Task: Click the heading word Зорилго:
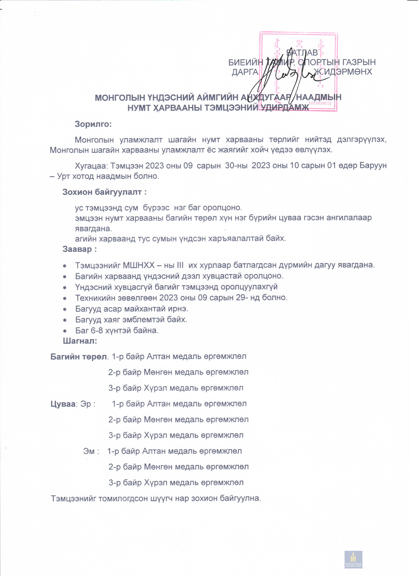tap(93, 124)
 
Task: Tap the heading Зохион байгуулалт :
tap(104, 192)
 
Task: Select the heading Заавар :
tap(80, 249)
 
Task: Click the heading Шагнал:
tap(80, 341)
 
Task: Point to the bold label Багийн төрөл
tap(79, 357)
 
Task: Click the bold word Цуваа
tap(63, 404)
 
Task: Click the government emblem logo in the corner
tap(353, 559)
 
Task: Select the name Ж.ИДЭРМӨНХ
tap(343, 72)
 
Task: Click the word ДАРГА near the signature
tap(245, 72)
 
